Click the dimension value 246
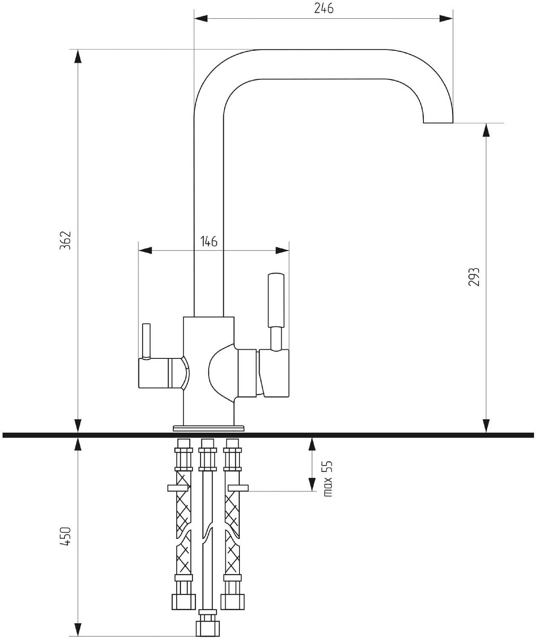[x=324, y=8]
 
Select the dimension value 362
[x=65, y=240]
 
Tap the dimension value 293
[x=473, y=277]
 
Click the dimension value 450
[x=65, y=536]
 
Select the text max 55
[x=327, y=478]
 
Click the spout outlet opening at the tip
[x=438, y=122]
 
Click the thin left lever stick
[x=146, y=340]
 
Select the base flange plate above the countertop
[x=209, y=428]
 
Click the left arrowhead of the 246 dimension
[x=201, y=18]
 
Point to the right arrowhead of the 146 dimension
[x=282, y=250]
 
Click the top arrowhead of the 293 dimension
[x=486, y=130]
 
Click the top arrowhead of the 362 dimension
[x=78, y=56]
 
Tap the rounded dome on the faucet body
[x=221, y=373]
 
